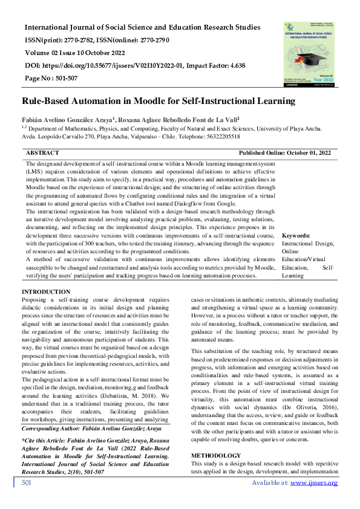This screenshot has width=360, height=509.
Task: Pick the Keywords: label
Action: pos(296,235)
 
